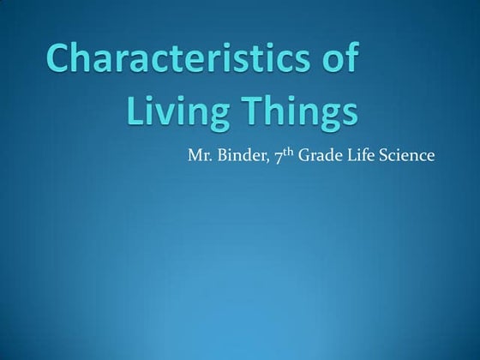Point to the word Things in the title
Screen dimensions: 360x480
pyautogui.click(x=297, y=111)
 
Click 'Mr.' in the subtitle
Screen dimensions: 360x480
pyautogui.click(x=197, y=156)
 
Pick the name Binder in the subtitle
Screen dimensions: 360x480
pyautogui.click(x=242, y=156)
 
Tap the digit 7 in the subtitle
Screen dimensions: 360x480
pyautogui.click(x=279, y=157)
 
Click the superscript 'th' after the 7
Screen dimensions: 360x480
pyautogui.click(x=290, y=152)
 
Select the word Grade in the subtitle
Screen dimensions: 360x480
pyautogui.click(x=321, y=156)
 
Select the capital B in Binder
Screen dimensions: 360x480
pyautogui.click(x=222, y=156)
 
